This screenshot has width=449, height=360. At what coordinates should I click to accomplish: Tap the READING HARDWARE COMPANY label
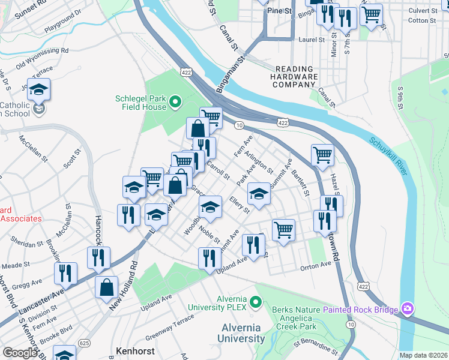point(294,77)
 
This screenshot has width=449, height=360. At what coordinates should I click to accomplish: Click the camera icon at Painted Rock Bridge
point(408,309)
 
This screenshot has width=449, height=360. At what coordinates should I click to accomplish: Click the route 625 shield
point(85,342)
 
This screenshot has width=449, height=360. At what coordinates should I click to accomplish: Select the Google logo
point(20,353)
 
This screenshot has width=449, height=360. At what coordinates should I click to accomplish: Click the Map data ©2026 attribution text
point(423,355)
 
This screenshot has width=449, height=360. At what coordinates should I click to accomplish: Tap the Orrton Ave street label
point(316,264)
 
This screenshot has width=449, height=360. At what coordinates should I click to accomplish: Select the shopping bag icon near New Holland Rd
point(106,287)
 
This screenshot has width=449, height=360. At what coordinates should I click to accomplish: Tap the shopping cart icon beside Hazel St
point(322,155)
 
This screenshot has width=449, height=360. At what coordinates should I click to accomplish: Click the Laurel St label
point(312,40)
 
